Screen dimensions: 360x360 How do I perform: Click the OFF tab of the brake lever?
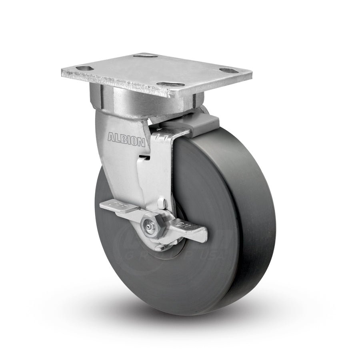pyautogui.click(x=114, y=206)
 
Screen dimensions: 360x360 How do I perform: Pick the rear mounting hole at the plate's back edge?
pyautogui.click(x=144, y=56)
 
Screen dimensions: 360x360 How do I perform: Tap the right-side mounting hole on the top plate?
pyautogui.click(x=227, y=70)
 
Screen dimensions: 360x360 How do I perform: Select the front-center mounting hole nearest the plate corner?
pyautogui.click(x=168, y=84)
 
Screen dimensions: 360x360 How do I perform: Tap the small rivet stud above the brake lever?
pyautogui.click(x=163, y=204)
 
